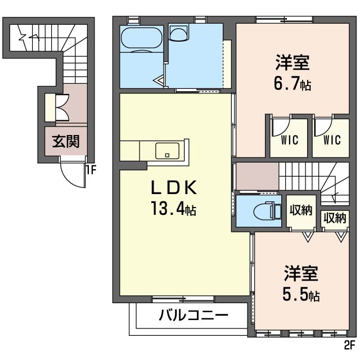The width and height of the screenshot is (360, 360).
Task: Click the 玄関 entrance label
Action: pos(66,141)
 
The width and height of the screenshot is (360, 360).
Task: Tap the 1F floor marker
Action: pos(91,170)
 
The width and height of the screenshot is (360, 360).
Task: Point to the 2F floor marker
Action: pos(350,345)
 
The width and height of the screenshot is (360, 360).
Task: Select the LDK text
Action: pos(174,187)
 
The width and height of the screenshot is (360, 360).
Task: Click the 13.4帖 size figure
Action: pos(173,208)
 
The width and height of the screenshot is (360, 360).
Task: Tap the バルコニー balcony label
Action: pos(193,315)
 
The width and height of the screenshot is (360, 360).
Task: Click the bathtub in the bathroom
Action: pos(142,38)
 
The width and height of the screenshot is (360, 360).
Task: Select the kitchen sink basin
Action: pos(167,151)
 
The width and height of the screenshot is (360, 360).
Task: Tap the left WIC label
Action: pos(289,140)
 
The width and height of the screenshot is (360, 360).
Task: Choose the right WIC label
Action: pos(332,140)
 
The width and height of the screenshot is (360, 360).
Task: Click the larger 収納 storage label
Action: pos(301,210)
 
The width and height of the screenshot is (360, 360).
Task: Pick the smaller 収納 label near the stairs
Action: pos(335,218)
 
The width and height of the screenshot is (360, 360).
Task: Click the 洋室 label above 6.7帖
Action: pos(292,62)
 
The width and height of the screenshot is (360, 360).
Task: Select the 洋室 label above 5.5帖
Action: pos(301,273)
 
